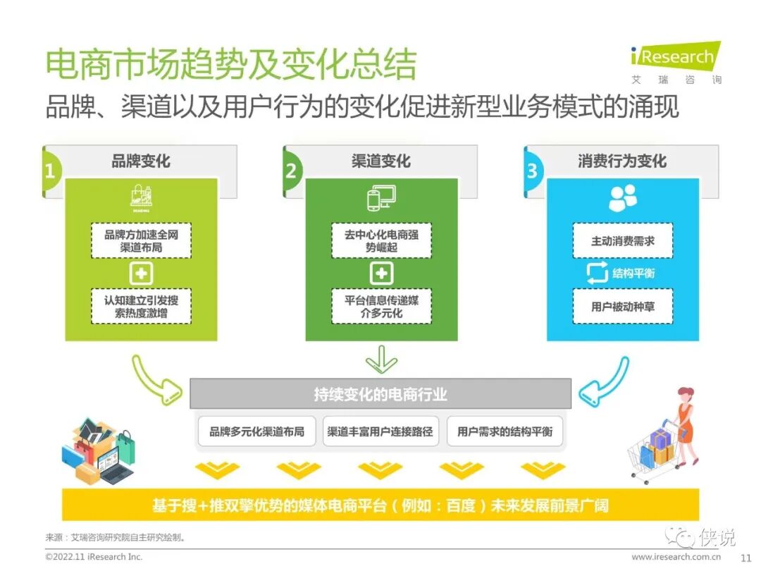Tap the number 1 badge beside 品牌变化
[x=50, y=171]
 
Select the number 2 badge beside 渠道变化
[x=291, y=171]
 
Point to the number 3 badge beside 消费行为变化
[x=532, y=171]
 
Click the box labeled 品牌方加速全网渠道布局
[x=141, y=241]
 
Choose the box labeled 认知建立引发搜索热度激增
[x=141, y=306]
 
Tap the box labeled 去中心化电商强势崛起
[x=381, y=241]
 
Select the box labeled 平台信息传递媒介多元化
[x=381, y=306]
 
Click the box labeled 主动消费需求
[x=622, y=241]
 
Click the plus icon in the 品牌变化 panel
[x=141, y=274]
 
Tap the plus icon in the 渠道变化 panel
[x=381, y=274]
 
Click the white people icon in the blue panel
[x=622, y=199]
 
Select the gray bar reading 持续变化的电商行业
[x=380, y=394]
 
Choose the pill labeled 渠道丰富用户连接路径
[x=380, y=431]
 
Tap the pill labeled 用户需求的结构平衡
[x=505, y=431]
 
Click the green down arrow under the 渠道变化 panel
[x=381, y=359]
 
